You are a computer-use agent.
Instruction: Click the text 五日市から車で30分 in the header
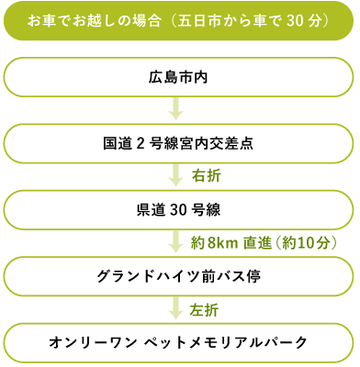pyautogui.click(x=255, y=20)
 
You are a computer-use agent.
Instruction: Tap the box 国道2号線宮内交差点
pyautogui.click(x=179, y=144)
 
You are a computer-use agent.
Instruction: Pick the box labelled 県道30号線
pyautogui.click(x=179, y=208)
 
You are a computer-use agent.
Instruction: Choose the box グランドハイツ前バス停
pyautogui.click(x=179, y=274)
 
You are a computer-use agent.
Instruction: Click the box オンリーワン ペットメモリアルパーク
pyautogui.click(x=179, y=342)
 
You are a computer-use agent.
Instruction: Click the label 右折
pyautogui.click(x=206, y=174)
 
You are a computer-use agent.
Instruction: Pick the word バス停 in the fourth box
pyautogui.click(x=242, y=274)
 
